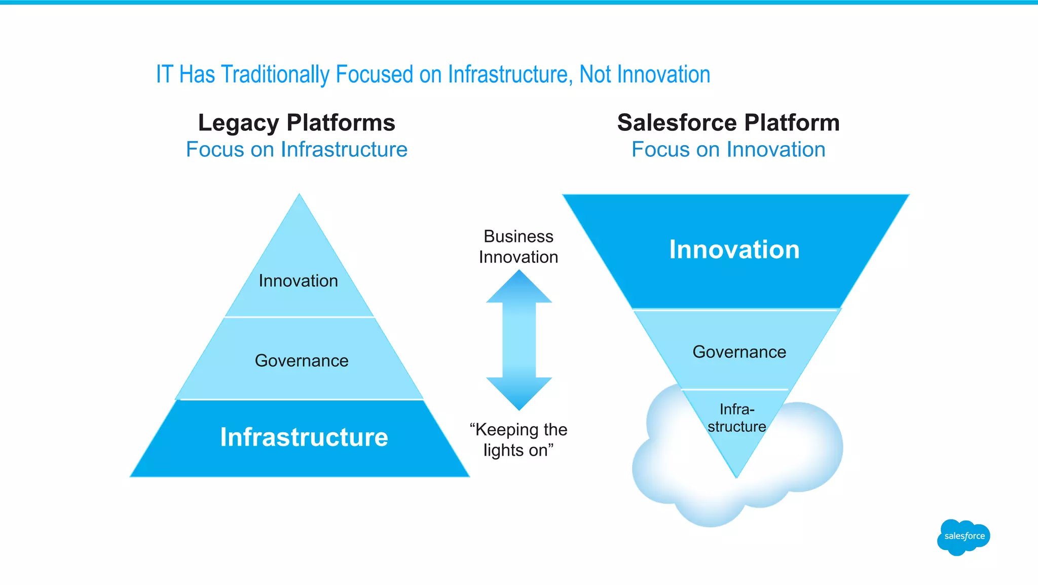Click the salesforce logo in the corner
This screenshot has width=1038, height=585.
tap(963, 537)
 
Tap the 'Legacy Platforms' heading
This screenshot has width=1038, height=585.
tap(296, 123)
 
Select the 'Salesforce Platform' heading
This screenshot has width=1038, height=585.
tap(728, 123)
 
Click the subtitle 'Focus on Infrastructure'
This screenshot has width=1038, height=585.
tap(296, 150)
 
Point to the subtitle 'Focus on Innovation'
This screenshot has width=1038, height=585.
tap(728, 150)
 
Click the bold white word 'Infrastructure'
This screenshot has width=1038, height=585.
tap(304, 437)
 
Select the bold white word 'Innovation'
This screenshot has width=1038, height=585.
tap(734, 250)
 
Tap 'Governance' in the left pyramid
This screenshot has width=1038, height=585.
tap(302, 361)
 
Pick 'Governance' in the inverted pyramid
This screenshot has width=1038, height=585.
tap(739, 352)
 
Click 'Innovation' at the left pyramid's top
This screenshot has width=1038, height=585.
tap(298, 281)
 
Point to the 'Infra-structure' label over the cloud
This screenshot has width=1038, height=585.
tap(737, 418)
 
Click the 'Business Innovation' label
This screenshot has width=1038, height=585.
tap(518, 247)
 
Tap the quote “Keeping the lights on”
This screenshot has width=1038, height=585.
tap(518, 440)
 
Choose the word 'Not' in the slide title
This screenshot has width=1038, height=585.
tap(595, 75)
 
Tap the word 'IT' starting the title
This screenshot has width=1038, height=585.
tap(164, 75)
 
